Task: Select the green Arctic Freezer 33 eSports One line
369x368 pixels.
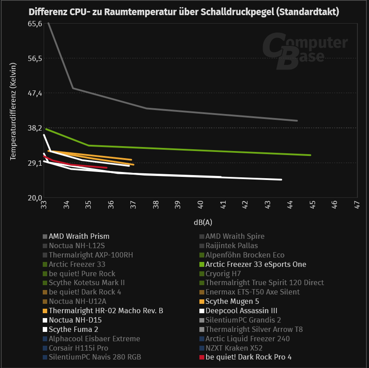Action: pyautogui.click(x=200, y=150)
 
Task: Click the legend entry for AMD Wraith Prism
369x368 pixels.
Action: pyautogui.click(x=79, y=236)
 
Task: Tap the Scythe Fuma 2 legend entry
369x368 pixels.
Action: pyautogui.click(x=73, y=329)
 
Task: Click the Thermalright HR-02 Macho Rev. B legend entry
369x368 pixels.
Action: pyautogui.click(x=105, y=311)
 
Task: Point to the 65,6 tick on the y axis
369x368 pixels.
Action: pyautogui.click(x=35, y=24)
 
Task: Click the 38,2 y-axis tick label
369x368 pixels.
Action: pyautogui.click(x=35, y=128)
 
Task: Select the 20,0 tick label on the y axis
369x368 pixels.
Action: pyautogui.click(x=35, y=197)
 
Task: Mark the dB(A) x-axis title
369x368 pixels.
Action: pyautogui.click(x=203, y=221)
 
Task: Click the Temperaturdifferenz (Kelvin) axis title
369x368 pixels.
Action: pyautogui.click(x=13, y=111)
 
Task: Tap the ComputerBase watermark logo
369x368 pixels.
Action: pyautogui.click(x=304, y=51)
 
